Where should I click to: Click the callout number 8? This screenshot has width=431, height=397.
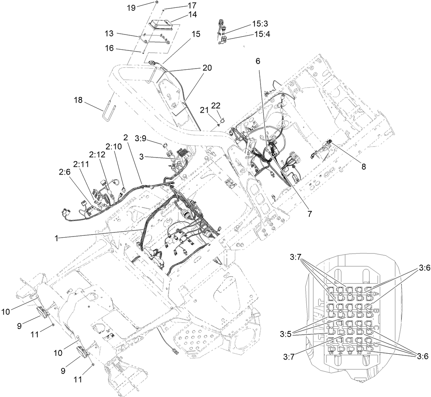tap(364, 167)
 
